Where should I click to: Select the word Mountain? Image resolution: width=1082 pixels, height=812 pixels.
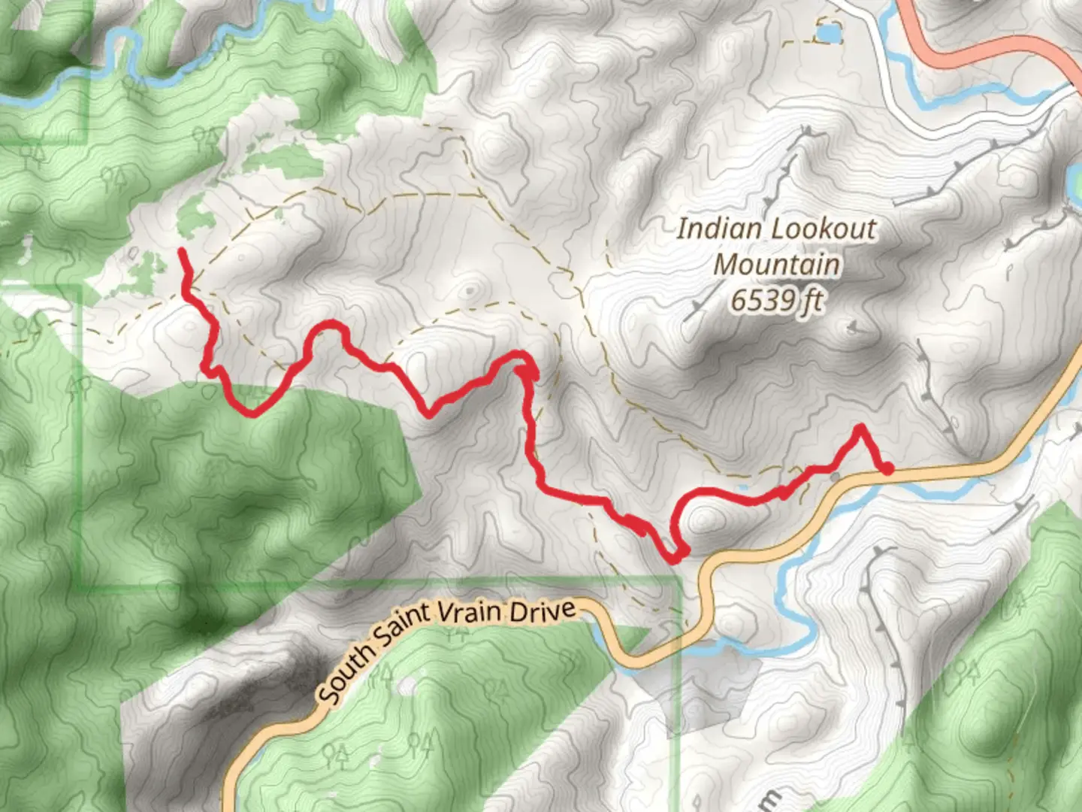[776, 264]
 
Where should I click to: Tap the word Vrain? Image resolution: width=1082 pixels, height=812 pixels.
[468, 612]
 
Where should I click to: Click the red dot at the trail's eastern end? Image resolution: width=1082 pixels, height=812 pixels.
[887, 469]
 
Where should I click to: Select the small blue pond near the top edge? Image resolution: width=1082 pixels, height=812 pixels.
[828, 34]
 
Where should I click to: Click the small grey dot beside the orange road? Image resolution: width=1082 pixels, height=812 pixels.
[836, 476]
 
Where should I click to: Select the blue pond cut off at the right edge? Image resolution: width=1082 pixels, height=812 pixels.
[1075, 180]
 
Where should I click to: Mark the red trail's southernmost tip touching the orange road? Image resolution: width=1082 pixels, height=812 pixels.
[674, 558]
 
